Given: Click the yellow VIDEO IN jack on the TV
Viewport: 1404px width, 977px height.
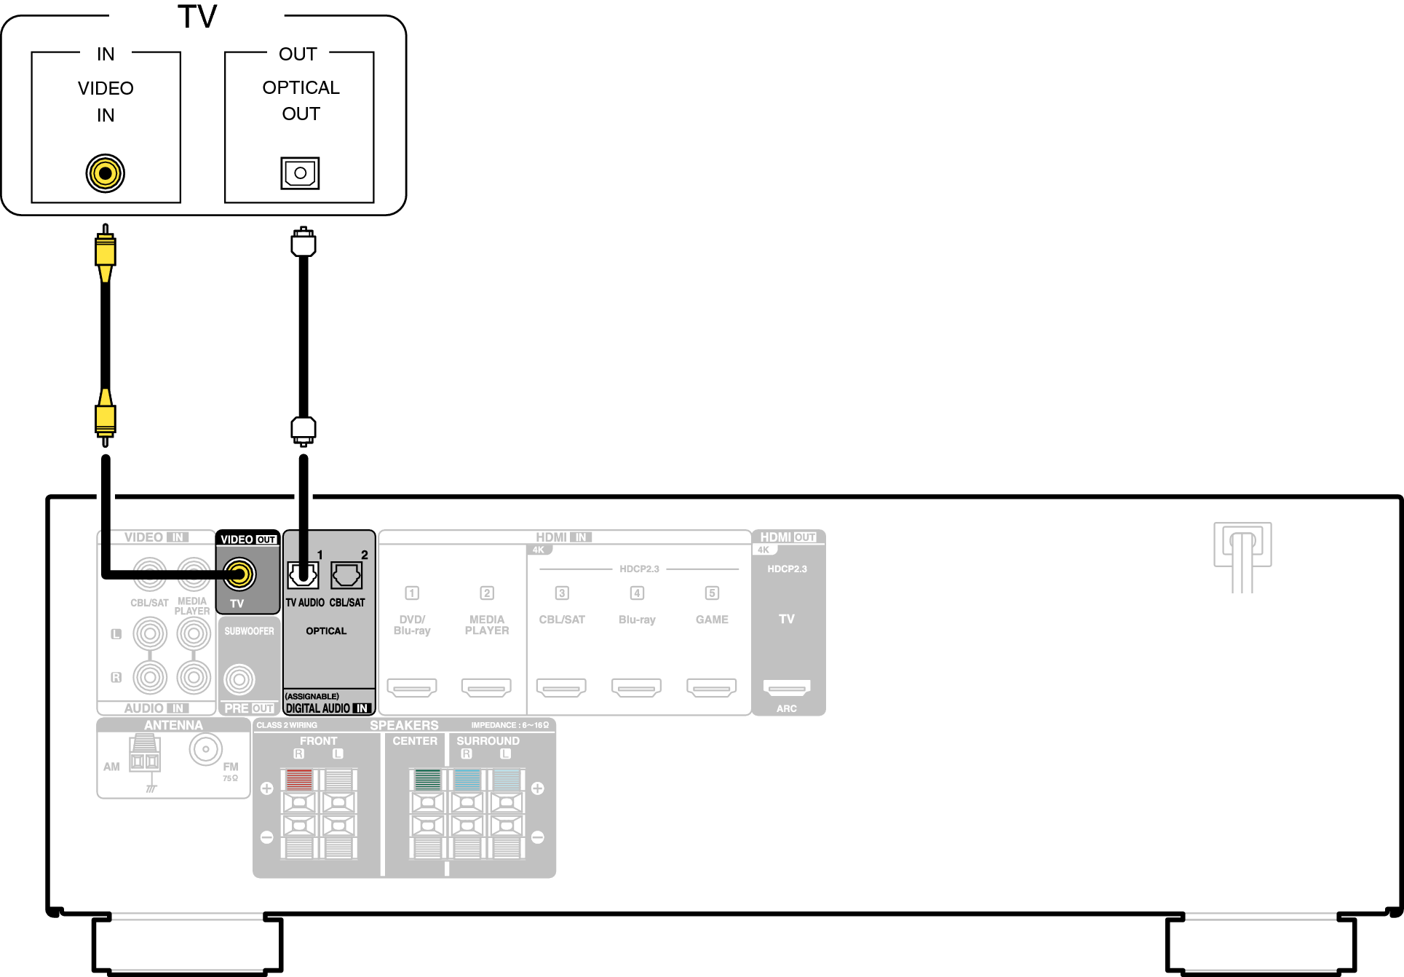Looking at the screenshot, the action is pyautogui.click(x=106, y=173).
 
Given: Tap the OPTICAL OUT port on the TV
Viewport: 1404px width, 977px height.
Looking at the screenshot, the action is pyautogui.click(x=300, y=173).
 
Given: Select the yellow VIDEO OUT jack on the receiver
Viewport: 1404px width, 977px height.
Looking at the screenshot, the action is pyautogui.click(x=239, y=574).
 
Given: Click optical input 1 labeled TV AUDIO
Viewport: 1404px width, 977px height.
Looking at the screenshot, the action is pyautogui.click(x=303, y=575).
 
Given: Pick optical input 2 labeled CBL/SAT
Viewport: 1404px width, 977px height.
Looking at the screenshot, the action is pyautogui.click(x=346, y=575).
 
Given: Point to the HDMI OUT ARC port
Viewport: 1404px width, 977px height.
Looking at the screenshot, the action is pyautogui.click(x=787, y=687).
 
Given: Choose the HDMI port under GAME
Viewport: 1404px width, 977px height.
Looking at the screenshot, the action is pyautogui.click(x=712, y=687).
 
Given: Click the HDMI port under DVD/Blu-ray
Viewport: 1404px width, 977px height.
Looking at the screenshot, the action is pyautogui.click(x=412, y=687).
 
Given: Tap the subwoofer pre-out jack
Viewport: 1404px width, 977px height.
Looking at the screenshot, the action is pyautogui.click(x=239, y=680).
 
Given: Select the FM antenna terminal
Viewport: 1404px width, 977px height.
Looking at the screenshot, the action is pyautogui.click(x=206, y=749).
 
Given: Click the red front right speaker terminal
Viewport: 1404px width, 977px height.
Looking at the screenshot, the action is pyautogui.click(x=299, y=780).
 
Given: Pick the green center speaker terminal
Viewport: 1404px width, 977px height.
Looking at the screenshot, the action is pyautogui.click(x=427, y=780).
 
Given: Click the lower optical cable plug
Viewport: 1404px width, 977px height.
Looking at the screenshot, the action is pyautogui.click(x=304, y=430).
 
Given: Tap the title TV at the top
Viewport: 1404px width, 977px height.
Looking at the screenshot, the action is pyautogui.click(x=197, y=17).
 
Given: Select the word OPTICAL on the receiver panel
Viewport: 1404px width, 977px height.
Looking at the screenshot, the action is pyautogui.click(x=326, y=631).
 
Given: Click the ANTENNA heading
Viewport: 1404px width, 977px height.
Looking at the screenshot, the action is pyautogui.click(x=173, y=725).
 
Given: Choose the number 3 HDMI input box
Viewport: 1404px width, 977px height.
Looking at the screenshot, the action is pyautogui.click(x=562, y=593).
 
